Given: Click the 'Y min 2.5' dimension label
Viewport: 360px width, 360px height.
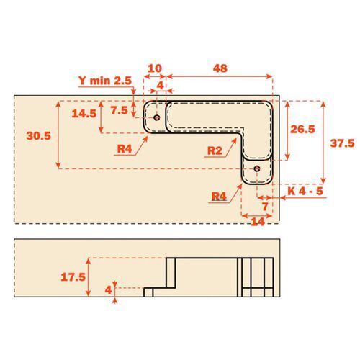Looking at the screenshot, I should coord(106,81).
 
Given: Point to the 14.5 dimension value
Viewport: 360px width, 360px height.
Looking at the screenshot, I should coord(84,113).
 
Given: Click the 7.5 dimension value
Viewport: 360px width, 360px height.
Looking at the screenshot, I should coord(120,110).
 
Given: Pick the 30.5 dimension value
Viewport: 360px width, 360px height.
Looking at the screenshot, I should coord(37,135).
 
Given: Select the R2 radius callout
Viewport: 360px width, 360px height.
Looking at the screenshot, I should coord(214,151).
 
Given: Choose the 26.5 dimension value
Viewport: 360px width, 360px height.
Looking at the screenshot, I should coord(302,130).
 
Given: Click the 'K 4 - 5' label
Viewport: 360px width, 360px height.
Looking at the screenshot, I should coord(305,191).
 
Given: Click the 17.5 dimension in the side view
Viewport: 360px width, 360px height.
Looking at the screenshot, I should coord(73,276).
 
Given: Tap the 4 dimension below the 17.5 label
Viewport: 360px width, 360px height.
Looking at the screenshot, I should coord(108,289).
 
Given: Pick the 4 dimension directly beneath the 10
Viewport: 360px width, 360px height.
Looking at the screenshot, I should coord(161,86).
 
